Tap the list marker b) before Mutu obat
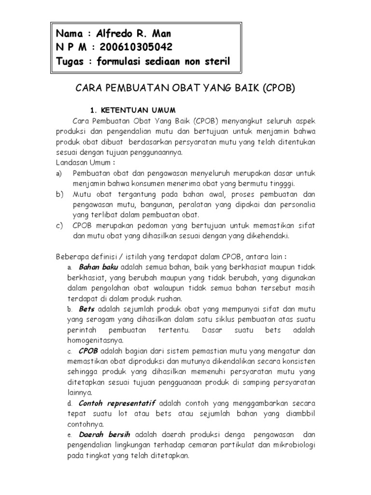tap(60, 194)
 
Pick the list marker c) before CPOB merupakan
tap(59, 226)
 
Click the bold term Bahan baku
tap(99, 267)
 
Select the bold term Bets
tap(86, 309)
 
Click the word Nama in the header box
tap(70, 34)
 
